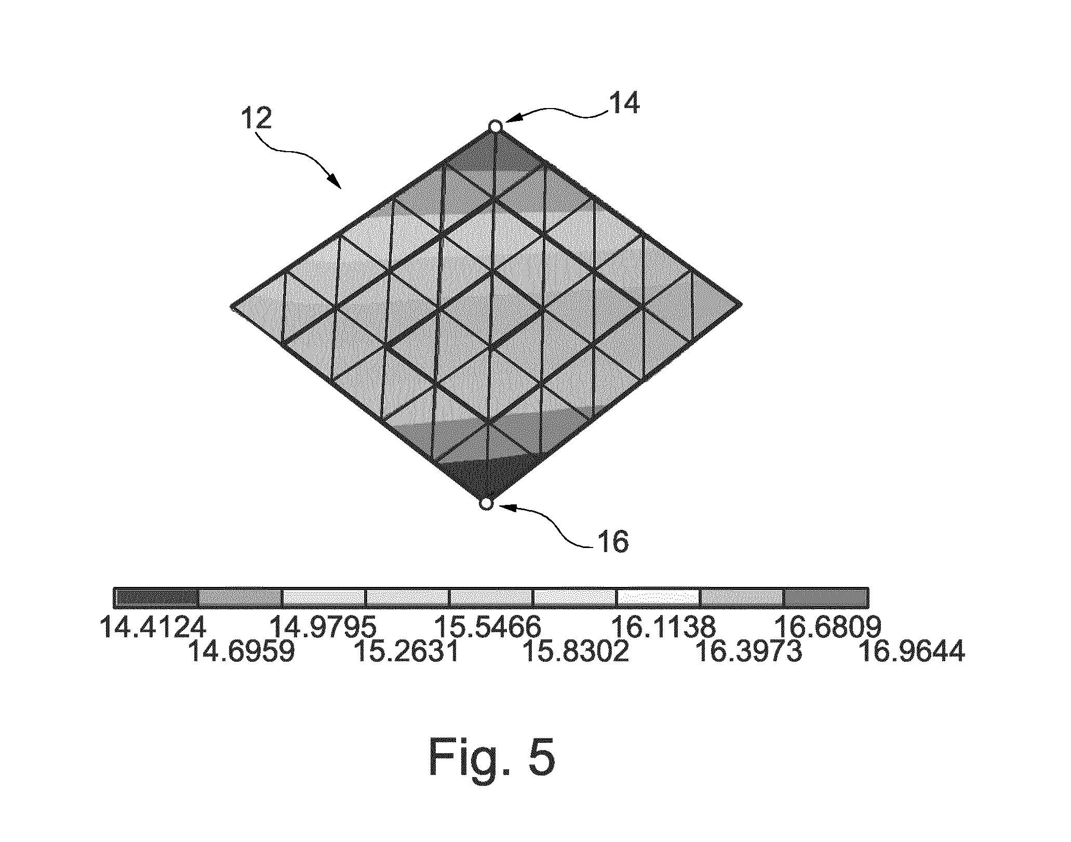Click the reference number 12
pos(256,118)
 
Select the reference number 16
pos(613,542)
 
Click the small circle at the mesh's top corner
pos(495,126)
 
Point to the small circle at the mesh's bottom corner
pos(486,504)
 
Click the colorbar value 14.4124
pos(153,627)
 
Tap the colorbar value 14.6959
pos(242,652)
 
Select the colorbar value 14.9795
pos(323,627)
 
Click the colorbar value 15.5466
pos(487,627)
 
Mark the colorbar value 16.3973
pos(748,652)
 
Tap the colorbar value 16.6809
pos(827,627)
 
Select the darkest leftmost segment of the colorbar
pos(157,598)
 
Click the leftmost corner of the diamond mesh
pos(231,305)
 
